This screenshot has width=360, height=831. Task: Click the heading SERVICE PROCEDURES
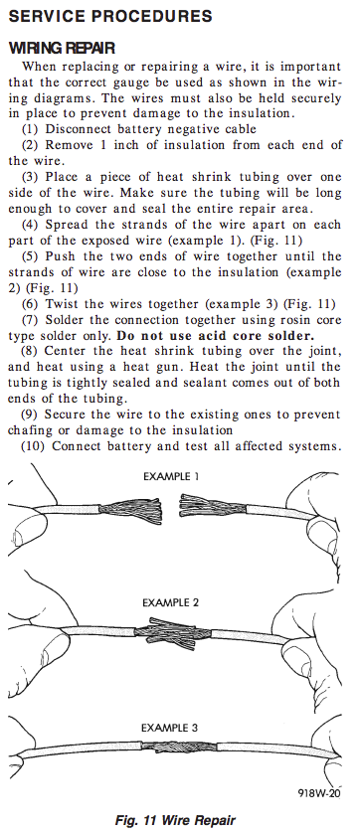(x=110, y=16)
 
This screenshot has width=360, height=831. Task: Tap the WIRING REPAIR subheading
(x=62, y=49)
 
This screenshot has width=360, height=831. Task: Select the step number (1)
(x=30, y=129)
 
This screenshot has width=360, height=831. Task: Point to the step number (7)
(x=30, y=320)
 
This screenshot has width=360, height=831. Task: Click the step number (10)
(x=33, y=445)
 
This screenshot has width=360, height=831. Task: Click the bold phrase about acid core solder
(x=215, y=335)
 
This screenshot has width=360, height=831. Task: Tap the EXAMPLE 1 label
(x=171, y=476)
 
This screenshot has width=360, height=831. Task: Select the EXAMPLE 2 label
(x=171, y=602)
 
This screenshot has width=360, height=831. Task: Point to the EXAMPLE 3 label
(x=170, y=728)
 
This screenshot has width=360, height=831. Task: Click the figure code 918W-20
(x=318, y=793)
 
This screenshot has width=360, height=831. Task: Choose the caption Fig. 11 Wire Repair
(x=175, y=820)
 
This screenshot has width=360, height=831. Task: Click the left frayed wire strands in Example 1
(x=130, y=510)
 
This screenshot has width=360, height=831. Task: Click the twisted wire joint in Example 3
(x=179, y=747)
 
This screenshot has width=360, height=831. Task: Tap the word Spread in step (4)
(x=66, y=225)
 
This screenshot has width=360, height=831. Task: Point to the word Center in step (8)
(x=65, y=351)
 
